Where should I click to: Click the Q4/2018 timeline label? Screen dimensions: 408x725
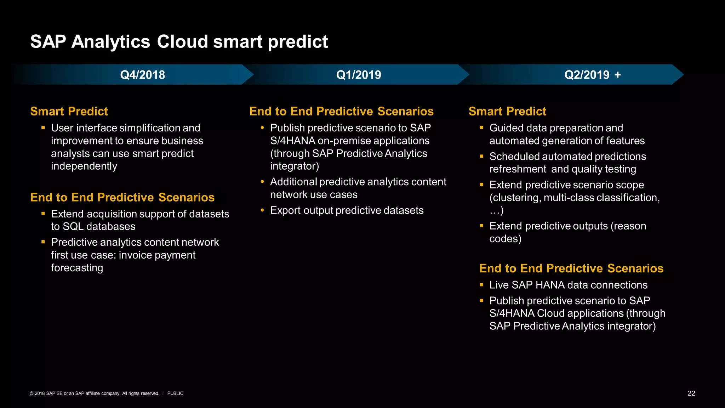142,75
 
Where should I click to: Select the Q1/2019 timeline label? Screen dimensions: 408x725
358,75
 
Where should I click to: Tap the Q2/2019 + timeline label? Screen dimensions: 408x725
592,75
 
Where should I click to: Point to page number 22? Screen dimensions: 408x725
691,393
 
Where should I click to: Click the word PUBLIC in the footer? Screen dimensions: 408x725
175,393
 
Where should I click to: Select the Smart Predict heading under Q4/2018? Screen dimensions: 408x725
69,111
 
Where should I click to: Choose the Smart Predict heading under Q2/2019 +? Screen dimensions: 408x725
507,111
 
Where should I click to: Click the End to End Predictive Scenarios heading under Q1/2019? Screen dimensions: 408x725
341,111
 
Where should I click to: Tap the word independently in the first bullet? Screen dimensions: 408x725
84,166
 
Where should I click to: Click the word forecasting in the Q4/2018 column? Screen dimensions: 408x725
77,268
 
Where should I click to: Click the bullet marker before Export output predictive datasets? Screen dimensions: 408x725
262,210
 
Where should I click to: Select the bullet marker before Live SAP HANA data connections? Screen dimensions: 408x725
481,284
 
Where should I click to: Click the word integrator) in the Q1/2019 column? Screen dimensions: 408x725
295,166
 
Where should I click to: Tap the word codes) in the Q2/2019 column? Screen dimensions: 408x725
505,239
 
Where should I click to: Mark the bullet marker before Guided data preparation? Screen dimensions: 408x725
481,127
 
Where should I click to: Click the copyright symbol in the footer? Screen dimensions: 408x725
32,393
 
